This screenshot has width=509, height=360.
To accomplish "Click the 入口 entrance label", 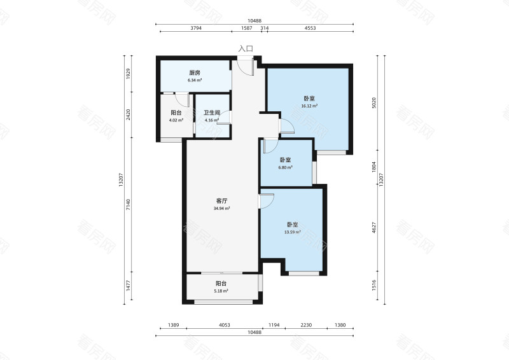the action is point(246,49).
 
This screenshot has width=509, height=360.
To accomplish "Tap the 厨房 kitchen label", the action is point(195,73).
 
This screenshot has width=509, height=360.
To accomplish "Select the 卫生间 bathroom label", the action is point(212,113).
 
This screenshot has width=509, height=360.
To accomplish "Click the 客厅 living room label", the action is point(221,201).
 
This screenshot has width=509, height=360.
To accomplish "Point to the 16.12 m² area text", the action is point(309,106).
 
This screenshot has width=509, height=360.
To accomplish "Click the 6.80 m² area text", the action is point(285,167).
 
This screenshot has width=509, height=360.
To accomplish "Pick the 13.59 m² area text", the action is point(293,232).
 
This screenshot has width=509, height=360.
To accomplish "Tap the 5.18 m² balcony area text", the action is point(221,291).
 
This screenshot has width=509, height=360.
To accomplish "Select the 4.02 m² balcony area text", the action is point(176,120).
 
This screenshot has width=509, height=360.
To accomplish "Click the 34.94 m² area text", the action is point(221,209).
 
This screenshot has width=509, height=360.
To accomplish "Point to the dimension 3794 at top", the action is point(196,28).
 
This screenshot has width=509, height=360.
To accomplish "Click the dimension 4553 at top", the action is point(310,28).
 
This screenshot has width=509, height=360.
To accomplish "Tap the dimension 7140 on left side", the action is point(129,205).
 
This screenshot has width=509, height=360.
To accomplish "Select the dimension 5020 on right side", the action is point(374,102).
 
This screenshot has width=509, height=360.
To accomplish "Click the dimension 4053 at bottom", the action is point(225,325).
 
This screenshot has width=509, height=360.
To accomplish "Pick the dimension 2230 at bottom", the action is point(306,325).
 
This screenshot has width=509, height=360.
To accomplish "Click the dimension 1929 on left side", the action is point(129,73).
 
